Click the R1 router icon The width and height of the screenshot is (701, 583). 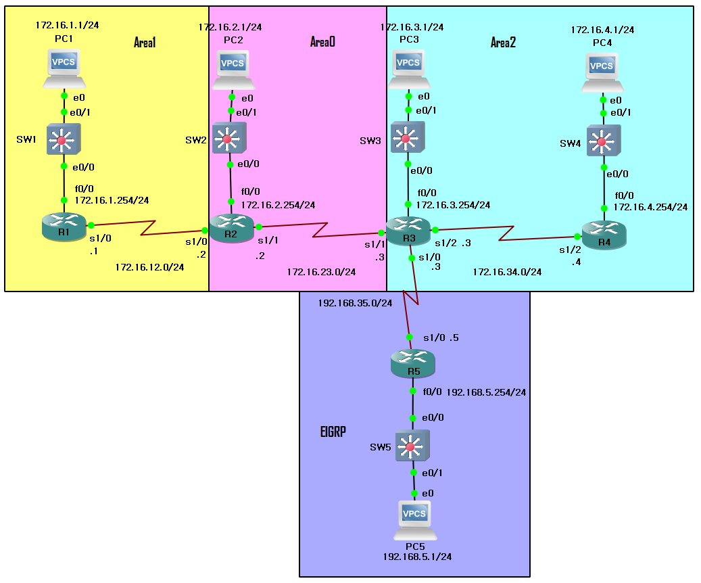64,227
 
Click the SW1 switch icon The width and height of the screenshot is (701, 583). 64,140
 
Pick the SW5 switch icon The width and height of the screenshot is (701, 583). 412,446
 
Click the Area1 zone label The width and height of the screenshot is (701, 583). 145,43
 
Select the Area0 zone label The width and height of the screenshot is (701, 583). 322,43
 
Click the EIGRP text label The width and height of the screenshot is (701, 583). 333,432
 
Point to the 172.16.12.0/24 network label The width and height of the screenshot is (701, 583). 149,267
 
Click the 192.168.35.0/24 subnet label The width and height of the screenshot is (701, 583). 355,303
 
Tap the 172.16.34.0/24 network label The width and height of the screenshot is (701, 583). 507,272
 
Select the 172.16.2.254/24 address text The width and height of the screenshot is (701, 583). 278,205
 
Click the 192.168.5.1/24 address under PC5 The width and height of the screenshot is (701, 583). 417,557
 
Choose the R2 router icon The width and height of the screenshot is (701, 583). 231,228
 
